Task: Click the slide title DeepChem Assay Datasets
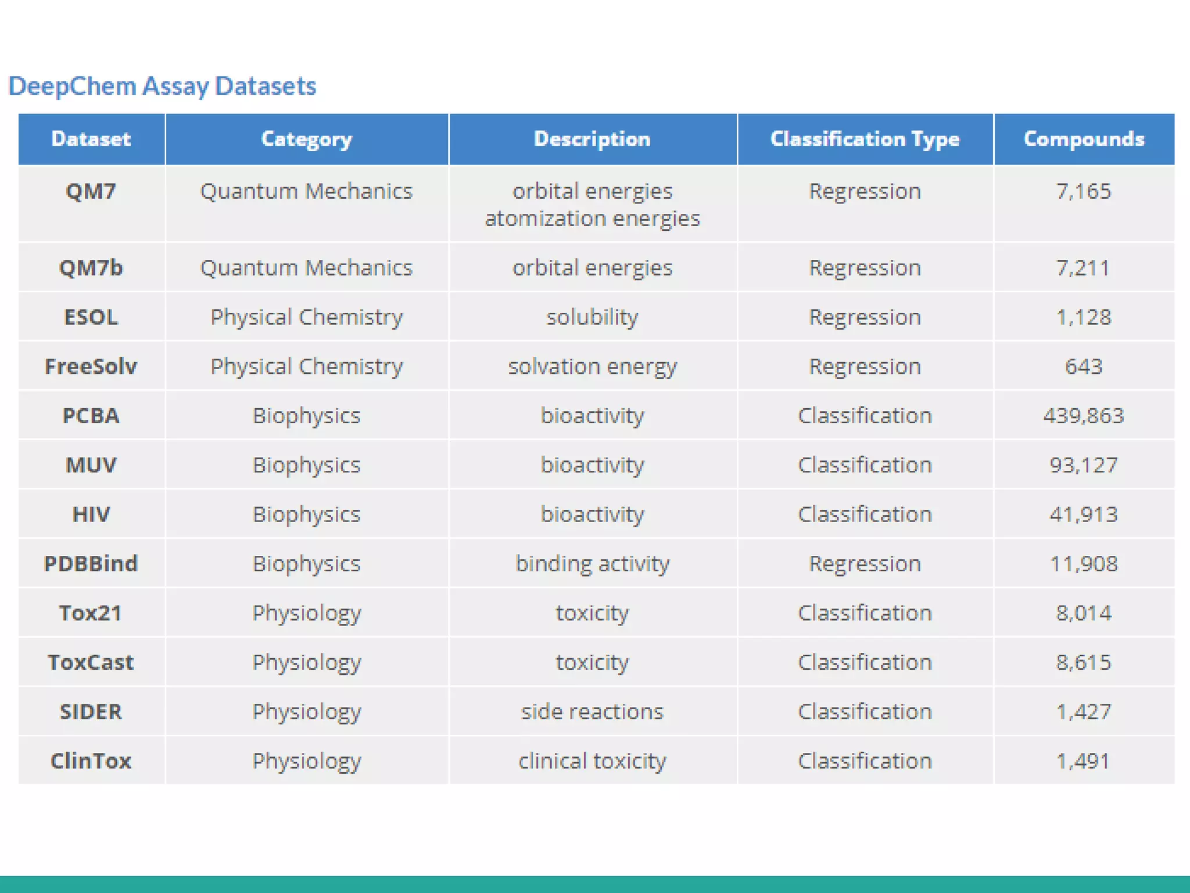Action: click(x=162, y=86)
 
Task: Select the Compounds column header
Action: click(x=1084, y=139)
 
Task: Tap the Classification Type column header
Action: click(x=865, y=139)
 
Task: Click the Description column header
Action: click(x=592, y=139)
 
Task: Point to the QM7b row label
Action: click(x=91, y=267)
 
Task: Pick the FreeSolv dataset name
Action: click(x=91, y=366)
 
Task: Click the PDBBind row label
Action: click(x=91, y=563)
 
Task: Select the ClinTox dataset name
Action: click(x=91, y=760)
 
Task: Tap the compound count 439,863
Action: click(x=1084, y=416)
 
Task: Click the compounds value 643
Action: click(x=1084, y=366)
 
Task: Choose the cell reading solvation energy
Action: click(x=592, y=366)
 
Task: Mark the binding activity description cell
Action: click(x=592, y=563)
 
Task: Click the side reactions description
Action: click(x=592, y=712)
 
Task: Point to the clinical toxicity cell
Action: click(x=592, y=760)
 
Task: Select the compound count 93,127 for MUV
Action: click(x=1084, y=465)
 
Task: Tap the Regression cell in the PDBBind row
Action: click(x=865, y=563)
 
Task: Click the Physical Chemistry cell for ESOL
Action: click(x=306, y=317)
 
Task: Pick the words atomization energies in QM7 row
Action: click(x=592, y=219)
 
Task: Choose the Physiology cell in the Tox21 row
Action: click(x=306, y=613)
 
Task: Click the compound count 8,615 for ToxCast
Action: click(x=1084, y=662)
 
